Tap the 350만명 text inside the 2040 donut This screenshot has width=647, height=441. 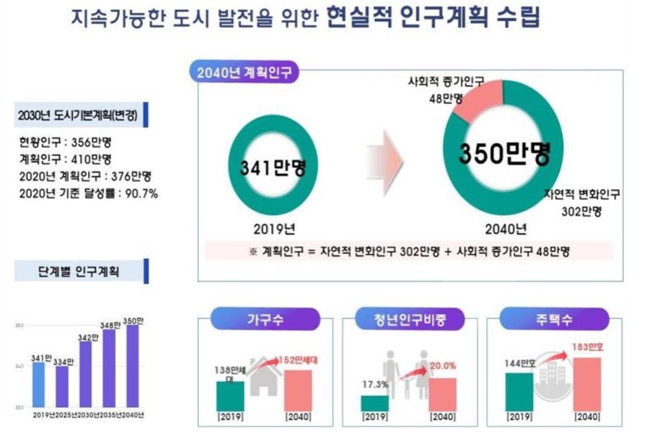coord(505,154)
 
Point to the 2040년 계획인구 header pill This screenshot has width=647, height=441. coord(245,72)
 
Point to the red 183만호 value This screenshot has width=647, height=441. coord(586,346)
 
